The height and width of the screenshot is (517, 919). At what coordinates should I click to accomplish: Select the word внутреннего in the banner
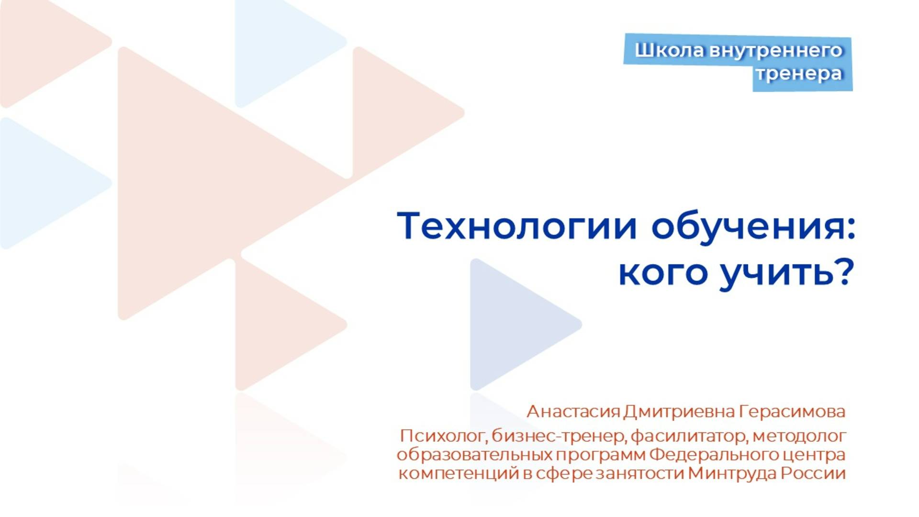[x=775, y=50]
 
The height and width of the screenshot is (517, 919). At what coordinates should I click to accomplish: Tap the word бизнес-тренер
[x=558, y=436]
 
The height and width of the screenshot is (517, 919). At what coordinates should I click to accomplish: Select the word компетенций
[x=459, y=473]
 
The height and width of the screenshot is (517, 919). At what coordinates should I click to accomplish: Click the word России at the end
[x=813, y=473]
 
